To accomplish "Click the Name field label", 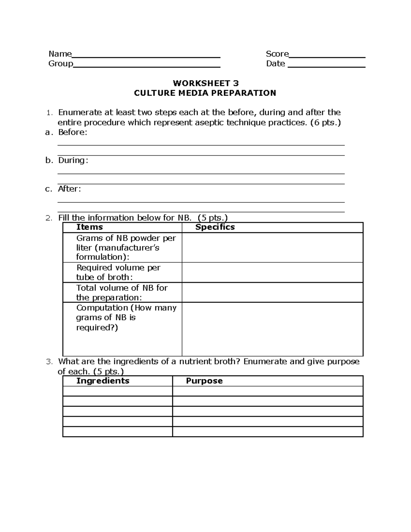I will pos(60,54).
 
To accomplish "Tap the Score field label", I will pos(277,54).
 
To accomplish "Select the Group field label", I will pos(61,64).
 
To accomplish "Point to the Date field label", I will pos(275,64).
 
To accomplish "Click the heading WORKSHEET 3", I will pos(206,83).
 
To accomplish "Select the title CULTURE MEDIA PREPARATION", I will pos(205,93).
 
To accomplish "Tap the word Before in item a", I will pos(72,132).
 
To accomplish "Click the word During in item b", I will pos(72,160).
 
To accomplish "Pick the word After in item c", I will pos(69,189).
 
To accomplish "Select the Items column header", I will pos(89,227).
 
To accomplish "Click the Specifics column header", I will pos(215,227).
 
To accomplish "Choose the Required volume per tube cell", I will pos(118,272).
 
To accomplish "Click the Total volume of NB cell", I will pos(122,293).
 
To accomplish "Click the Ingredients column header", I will pos(103,381).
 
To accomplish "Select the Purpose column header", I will pos(204,381).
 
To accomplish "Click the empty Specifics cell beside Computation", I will pos(272,329).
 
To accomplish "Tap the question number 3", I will pos(49,362).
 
